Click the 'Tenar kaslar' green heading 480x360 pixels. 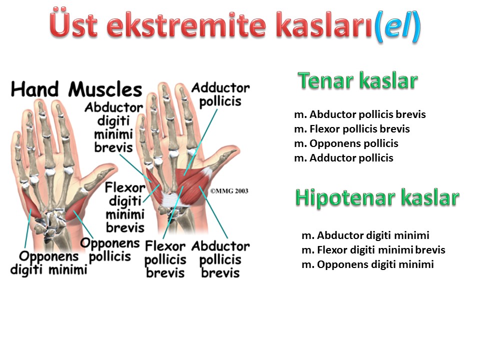[x=358, y=81]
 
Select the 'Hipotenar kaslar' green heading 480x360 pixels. [x=377, y=198]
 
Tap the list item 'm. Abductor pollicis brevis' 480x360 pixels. [x=359, y=114]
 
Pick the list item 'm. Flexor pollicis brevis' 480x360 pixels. [x=351, y=129]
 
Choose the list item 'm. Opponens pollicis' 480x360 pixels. [x=346, y=143]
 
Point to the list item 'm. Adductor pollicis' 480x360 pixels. [x=343, y=158]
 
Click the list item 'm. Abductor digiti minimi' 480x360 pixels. [x=365, y=235]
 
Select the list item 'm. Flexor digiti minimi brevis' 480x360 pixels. [x=373, y=250]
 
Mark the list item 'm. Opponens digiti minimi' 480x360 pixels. [x=367, y=264]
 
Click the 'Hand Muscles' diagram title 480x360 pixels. [x=76, y=89]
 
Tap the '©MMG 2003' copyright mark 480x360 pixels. [x=229, y=191]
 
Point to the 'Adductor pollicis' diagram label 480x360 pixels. [x=220, y=94]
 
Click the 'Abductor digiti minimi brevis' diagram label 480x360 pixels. [x=113, y=127]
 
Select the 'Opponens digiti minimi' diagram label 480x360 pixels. [x=49, y=263]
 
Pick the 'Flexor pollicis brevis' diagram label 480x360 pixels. [x=165, y=259]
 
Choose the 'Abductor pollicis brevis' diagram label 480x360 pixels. [x=220, y=259]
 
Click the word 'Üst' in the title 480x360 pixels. [x=74, y=24]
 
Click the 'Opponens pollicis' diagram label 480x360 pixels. [x=110, y=250]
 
